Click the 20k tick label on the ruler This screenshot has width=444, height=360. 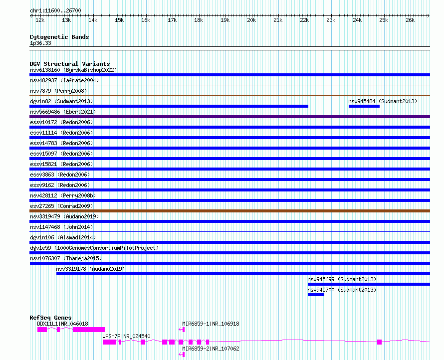251,20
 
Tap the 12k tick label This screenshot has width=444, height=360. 40,20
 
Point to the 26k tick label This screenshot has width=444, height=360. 410,20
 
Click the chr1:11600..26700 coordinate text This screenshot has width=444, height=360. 55,10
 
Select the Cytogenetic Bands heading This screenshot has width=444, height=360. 59,37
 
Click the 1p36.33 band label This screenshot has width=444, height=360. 40,43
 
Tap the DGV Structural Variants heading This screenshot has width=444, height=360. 70,64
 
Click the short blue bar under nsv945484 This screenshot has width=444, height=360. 364,106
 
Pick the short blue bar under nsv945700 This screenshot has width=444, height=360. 316,295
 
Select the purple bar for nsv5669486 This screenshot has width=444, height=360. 229,117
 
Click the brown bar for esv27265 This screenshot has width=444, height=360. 229,211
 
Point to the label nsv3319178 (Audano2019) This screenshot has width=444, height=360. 90,269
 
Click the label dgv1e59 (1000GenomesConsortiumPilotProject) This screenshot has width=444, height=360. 94,248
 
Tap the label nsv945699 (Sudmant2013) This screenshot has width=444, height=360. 342,279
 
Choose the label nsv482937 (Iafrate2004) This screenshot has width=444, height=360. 64,80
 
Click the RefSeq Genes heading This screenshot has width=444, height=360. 50,318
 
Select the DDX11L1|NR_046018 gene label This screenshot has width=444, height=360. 62,324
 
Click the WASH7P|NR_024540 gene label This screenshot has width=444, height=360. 126,336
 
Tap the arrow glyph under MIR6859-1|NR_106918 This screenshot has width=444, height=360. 182,330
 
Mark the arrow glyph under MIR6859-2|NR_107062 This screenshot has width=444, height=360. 182,355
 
